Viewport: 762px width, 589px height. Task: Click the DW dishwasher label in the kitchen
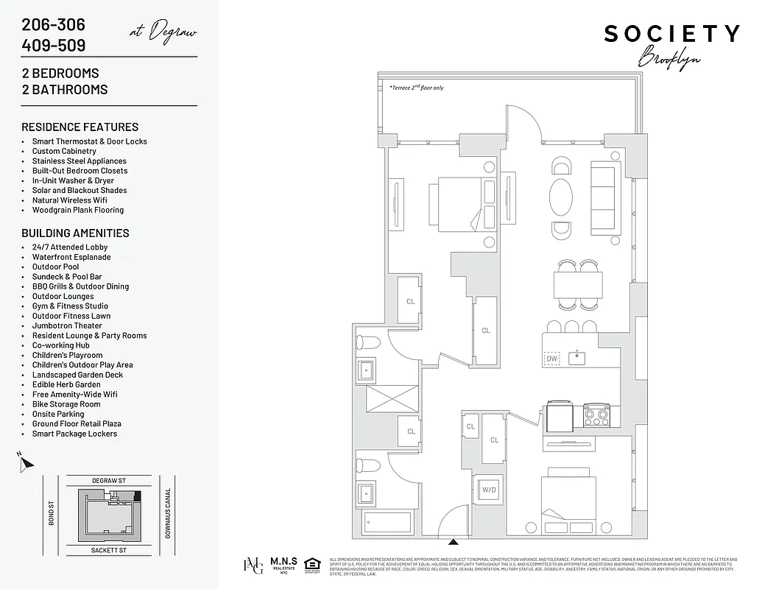point(552,359)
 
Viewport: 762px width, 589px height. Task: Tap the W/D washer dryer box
point(488,490)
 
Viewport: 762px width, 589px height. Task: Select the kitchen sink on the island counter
point(578,359)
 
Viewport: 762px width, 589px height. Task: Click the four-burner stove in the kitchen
point(596,417)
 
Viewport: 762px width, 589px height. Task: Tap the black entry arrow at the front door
point(454,541)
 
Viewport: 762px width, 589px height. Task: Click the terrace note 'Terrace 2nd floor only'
point(417,88)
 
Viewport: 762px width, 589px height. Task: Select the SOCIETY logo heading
point(671,34)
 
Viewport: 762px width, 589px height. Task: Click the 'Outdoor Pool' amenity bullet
point(55,267)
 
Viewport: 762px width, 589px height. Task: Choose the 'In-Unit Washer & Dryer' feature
point(73,180)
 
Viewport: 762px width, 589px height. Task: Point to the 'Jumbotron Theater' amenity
point(67,325)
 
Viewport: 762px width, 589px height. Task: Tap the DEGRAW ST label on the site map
point(109,480)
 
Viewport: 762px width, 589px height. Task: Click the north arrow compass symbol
point(26,463)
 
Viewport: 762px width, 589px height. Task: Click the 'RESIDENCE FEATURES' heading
point(80,127)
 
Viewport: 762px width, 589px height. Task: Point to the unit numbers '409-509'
point(54,46)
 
